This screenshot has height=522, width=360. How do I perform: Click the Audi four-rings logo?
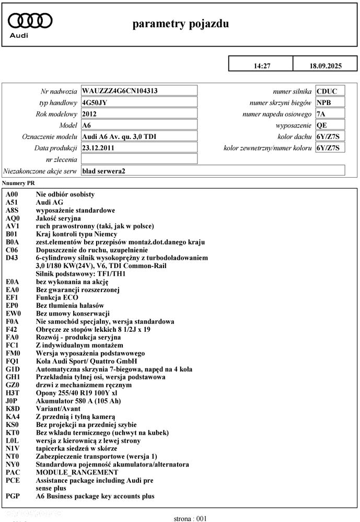31,20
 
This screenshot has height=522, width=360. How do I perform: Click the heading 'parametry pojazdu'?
180,24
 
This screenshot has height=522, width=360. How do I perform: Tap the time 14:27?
262,66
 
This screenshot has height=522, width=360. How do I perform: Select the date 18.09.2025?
325,66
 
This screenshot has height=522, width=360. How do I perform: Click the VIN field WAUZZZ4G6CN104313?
120,90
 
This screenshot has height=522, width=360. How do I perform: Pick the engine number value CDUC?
327,91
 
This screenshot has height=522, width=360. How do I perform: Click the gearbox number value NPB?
324,102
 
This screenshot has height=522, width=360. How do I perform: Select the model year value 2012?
89,114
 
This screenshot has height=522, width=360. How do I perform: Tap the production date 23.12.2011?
99,148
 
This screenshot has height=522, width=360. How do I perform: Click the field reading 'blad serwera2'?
104,171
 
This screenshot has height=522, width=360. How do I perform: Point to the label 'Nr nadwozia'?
59,91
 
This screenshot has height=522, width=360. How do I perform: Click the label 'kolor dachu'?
295,136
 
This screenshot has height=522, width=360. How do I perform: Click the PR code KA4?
13,416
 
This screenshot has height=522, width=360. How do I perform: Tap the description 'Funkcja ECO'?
57,298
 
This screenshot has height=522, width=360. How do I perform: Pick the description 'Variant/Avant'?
58,409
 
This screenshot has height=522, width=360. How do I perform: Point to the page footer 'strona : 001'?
191,518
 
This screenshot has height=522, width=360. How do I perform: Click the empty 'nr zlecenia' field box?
140,159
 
